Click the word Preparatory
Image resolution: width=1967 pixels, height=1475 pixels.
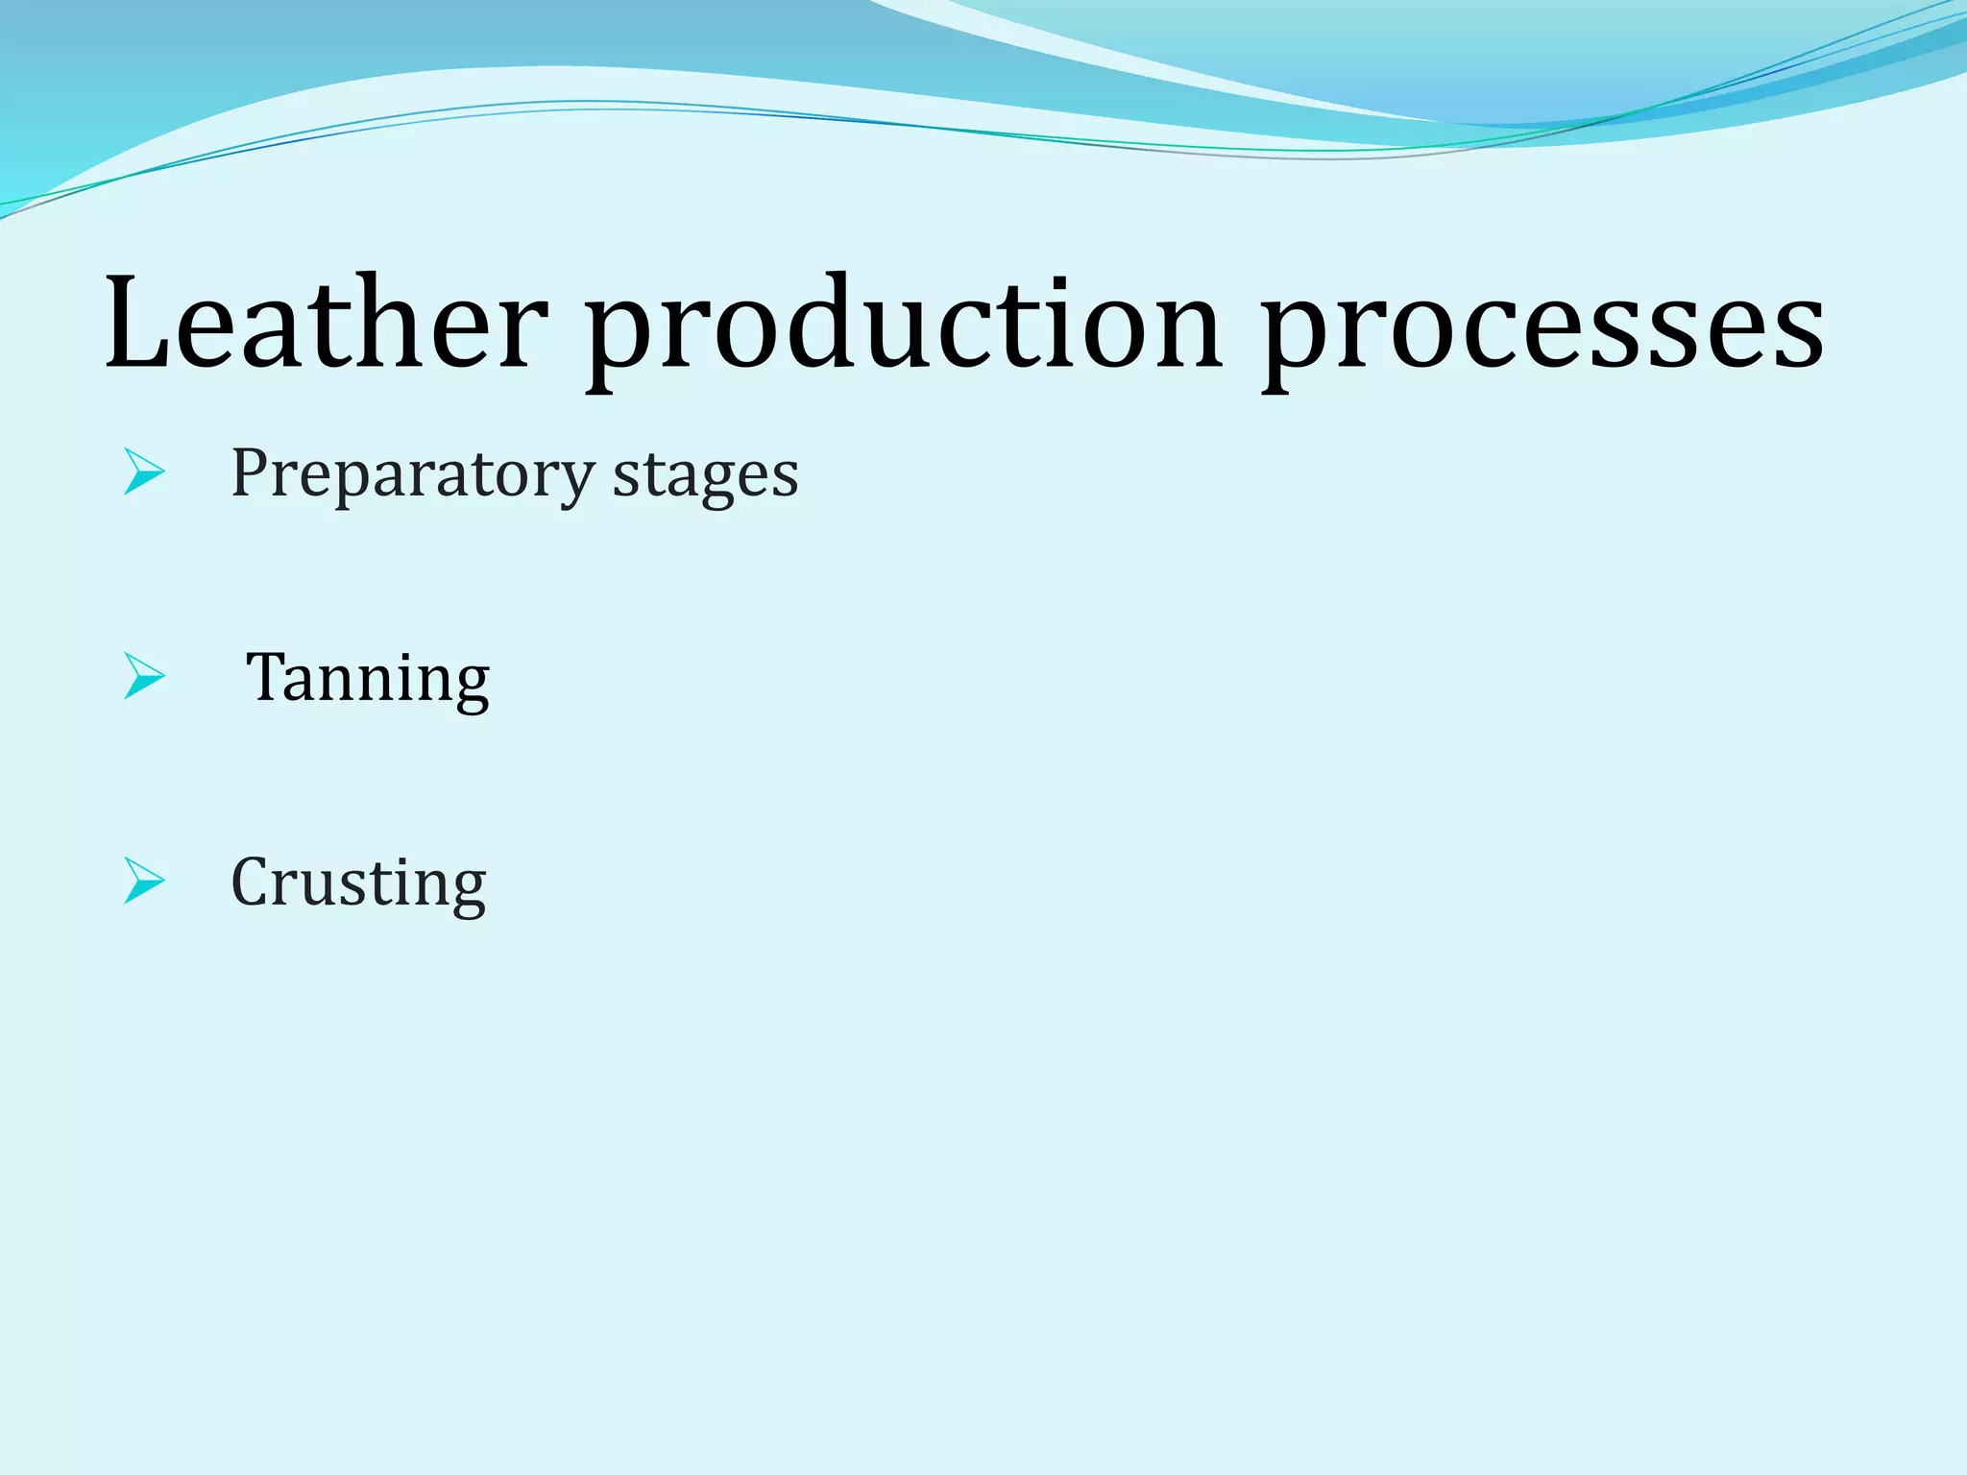pos(413,474)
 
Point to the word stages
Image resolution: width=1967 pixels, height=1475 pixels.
pos(706,476)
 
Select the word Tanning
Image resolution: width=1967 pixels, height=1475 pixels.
pos(368,679)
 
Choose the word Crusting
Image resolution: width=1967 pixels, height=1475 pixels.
pos(358,883)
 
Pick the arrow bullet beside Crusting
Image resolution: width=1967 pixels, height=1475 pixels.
pos(145,881)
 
